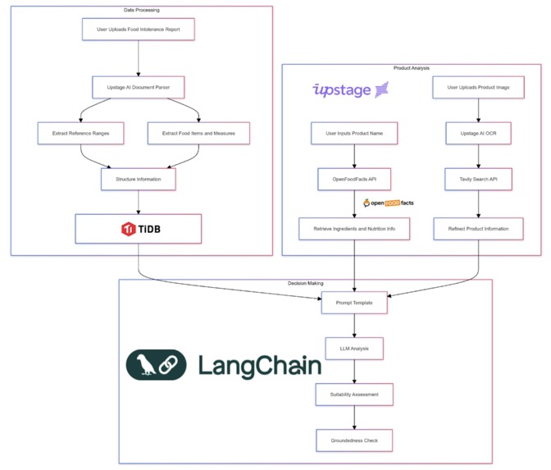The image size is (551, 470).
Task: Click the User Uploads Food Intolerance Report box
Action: point(139,30)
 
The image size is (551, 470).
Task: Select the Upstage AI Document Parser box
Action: point(139,87)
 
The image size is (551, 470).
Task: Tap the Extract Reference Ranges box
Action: point(81,133)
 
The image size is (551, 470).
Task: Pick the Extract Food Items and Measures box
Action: point(198,133)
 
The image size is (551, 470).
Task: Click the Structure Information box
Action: point(139,180)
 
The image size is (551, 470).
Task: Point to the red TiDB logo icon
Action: point(128,229)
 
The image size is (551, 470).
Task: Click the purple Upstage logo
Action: point(350,90)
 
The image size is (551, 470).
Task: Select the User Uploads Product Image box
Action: point(478,87)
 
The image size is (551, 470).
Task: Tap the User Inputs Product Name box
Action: point(354,133)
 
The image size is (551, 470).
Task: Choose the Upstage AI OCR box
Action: point(478,133)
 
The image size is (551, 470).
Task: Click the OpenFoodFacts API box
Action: point(354,180)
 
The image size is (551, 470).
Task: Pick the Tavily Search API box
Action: point(478,180)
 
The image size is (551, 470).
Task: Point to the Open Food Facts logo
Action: point(389,203)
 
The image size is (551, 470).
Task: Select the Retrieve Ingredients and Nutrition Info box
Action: point(354,229)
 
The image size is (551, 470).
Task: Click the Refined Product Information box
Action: point(478,229)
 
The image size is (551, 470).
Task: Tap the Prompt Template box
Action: point(354,303)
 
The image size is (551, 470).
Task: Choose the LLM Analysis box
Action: point(354,349)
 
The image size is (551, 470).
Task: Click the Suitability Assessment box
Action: point(354,395)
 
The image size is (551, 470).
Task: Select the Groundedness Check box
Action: point(354,440)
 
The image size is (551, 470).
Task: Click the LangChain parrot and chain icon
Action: point(156,365)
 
